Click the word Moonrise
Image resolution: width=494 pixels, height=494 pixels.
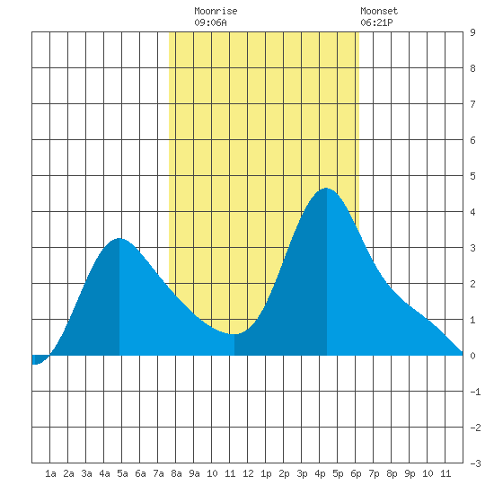click(216, 11)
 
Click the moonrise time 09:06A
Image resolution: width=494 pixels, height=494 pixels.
click(210, 22)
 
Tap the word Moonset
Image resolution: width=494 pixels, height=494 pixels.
click(379, 11)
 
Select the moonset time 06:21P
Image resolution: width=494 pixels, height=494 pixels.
click(376, 22)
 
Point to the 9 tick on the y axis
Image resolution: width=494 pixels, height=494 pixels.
click(472, 32)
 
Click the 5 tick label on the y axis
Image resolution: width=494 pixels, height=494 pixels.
click(472, 176)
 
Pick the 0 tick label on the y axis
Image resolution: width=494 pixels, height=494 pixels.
click(472, 356)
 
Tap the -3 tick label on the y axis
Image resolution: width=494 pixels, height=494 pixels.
click(476, 463)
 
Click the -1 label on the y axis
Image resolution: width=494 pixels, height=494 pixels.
click(476, 392)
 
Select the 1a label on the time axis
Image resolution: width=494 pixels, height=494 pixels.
click(50, 473)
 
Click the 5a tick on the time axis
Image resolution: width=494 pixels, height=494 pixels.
click(122, 473)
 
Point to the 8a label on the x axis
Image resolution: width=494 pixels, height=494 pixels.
click(176, 473)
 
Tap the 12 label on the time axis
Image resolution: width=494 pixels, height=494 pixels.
click(248, 473)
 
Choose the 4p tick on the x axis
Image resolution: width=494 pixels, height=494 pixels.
click(320, 473)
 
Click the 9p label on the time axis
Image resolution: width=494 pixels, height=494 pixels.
click(410, 473)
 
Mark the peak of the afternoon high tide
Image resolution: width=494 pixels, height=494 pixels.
click(326, 188)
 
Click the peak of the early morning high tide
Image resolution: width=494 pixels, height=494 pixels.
click(119, 239)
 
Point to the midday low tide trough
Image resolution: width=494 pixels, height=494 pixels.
click(234, 334)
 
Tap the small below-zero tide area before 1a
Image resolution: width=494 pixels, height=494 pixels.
click(39, 359)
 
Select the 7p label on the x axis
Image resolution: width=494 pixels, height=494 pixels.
click(374, 473)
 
